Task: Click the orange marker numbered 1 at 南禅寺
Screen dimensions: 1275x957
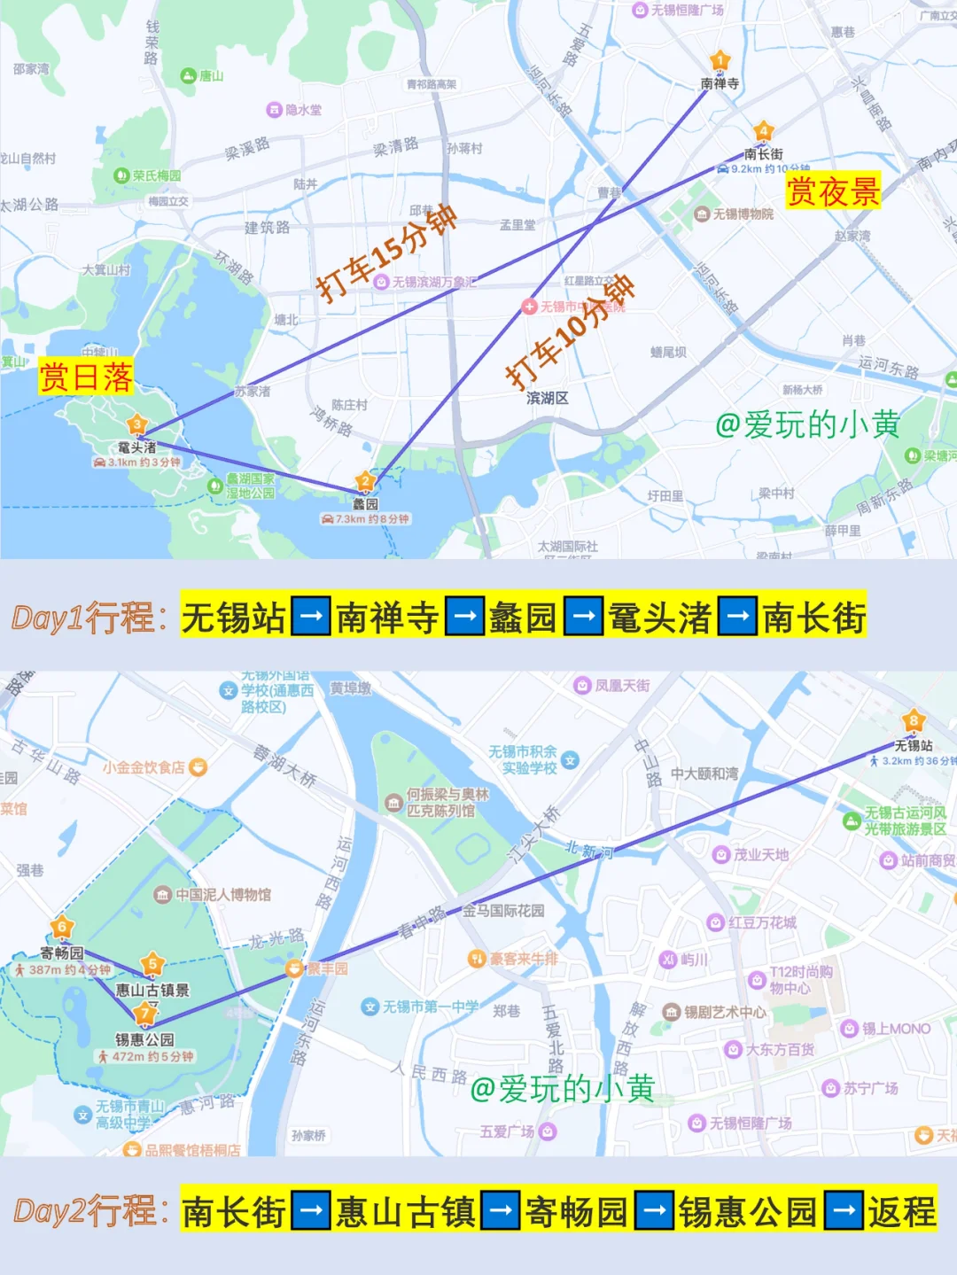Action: [x=720, y=61]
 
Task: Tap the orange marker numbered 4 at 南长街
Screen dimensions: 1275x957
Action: [x=763, y=132]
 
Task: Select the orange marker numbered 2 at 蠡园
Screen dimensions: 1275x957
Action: [x=365, y=482]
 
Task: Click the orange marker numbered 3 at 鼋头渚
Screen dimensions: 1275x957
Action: [x=136, y=424]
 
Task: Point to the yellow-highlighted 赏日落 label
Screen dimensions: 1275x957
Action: [x=86, y=377]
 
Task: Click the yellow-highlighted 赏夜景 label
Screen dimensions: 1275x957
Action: [x=833, y=191]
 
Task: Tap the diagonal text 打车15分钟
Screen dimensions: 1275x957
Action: [x=386, y=253]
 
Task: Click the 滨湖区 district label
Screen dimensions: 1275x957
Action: [x=547, y=398]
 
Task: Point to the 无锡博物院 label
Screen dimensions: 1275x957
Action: [x=743, y=214]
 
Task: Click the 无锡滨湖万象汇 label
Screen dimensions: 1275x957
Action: [x=433, y=282]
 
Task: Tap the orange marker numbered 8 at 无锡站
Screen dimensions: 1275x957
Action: [x=913, y=720]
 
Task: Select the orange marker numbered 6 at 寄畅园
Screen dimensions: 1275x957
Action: [x=61, y=928]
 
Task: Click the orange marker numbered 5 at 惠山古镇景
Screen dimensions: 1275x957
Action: [x=152, y=964]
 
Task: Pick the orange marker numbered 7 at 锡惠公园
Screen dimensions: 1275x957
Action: [x=144, y=1014]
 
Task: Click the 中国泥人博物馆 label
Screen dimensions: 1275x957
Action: [x=222, y=895]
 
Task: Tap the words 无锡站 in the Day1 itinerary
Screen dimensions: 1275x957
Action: [x=234, y=617]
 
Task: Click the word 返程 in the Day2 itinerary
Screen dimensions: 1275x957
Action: [x=901, y=1211]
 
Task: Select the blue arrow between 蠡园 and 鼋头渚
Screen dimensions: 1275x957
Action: [x=582, y=617]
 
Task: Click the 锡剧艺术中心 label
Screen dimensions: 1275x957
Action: [x=724, y=1012]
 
